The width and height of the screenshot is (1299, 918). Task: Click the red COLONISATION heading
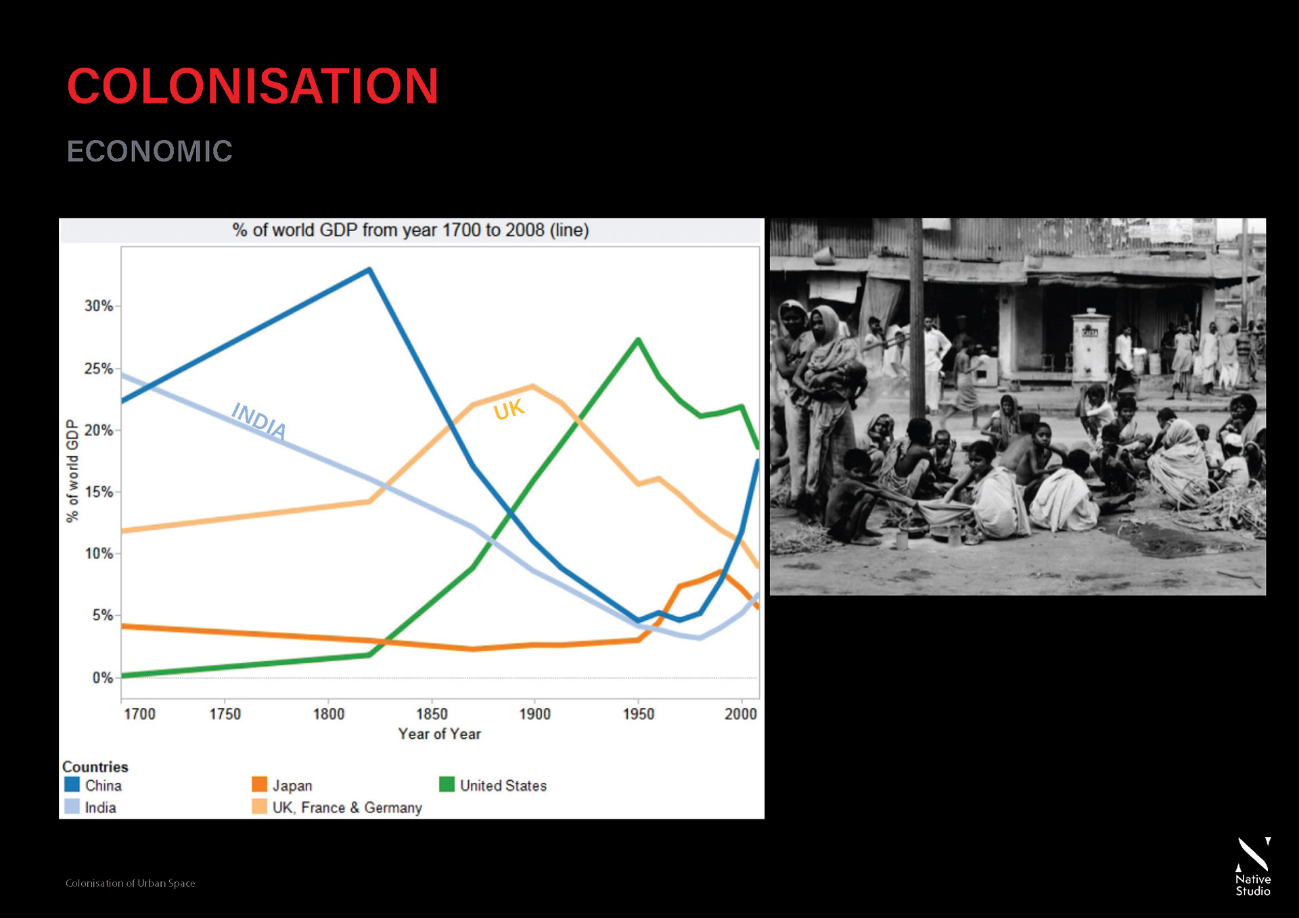tap(252, 87)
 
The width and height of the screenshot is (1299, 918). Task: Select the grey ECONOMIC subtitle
tap(150, 151)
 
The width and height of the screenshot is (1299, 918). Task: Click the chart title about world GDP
tap(410, 231)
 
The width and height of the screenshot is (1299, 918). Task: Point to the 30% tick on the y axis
tap(99, 306)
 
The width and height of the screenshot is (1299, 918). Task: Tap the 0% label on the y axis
tap(103, 678)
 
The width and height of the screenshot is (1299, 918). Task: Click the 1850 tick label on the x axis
tap(432, 715)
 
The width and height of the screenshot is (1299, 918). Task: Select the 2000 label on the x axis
tap(740, 715)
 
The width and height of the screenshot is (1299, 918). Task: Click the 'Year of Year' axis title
tap(439, 734)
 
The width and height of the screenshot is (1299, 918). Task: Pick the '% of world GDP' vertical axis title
tap(72, 471)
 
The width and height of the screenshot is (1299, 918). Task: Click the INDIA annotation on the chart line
tap(258, 420)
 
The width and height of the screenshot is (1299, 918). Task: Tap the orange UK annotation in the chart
tap(509, 410)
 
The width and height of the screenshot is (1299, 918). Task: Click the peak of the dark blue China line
tap(369, 270)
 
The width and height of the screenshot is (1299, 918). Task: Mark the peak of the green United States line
tap(638, 339)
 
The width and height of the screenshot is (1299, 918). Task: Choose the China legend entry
tap(93, 786)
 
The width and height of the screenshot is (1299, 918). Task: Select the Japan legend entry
tap(282, 786)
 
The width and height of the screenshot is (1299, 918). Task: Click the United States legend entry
tap(493, 786)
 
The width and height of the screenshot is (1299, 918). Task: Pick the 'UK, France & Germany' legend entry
tap(337, 808)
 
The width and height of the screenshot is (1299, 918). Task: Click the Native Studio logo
tap(1253, 867)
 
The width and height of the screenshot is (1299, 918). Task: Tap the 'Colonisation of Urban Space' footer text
tap(130, 884)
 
